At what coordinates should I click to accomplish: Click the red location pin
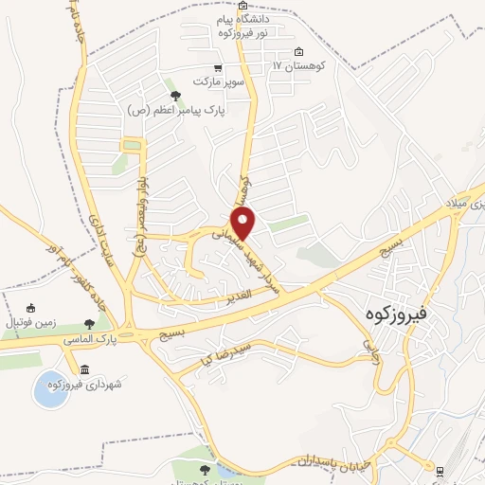coord(243,225)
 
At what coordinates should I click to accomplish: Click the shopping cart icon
coord(219,68)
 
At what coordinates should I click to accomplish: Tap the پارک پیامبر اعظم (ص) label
coord(175,110)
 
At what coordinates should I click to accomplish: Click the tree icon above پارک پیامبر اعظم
coord(172,95)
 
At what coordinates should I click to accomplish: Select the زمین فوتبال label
coord(31,323)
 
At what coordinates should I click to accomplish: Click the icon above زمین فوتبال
coord(30,308)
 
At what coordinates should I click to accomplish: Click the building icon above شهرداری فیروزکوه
coord(84,368)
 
